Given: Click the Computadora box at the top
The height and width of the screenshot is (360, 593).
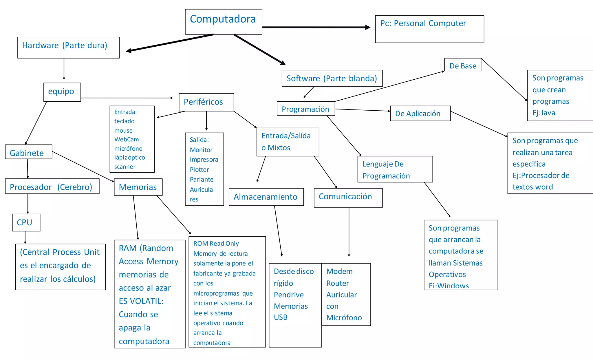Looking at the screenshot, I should point(223,21).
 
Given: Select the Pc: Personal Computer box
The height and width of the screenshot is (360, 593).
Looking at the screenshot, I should point(429,29).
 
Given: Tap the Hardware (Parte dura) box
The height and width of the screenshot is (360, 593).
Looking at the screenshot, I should point(68,47).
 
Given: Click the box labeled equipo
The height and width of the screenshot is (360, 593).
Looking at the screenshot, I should point(62,92).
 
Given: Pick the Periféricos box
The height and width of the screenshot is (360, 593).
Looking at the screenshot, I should point(206,102).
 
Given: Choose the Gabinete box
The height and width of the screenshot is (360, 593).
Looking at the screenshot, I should point(28,152).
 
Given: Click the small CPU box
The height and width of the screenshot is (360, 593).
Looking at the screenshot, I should point(26,222).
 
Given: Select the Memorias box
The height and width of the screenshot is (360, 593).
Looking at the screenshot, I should point(138,187).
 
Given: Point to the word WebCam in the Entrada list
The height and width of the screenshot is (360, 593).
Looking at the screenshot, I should point(127,139).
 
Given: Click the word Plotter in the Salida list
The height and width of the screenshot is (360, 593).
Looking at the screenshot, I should point(199,169).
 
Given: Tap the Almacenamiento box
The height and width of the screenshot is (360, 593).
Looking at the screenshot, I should point(266,197).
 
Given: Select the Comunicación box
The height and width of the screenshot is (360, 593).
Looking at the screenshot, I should point(348,197).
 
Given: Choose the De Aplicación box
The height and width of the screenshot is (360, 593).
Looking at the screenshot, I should point(420,113).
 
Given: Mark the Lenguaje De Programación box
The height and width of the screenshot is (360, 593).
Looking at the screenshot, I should point(395,169).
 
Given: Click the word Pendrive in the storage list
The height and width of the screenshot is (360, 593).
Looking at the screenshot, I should point(289,295).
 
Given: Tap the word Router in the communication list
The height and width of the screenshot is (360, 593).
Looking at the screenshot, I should point(338,283).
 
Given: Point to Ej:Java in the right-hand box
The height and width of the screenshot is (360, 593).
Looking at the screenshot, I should point(543,113).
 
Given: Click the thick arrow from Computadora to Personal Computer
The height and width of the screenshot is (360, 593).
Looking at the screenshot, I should point(316,27).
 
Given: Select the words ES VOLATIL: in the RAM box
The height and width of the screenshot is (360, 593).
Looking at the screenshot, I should point(141,301).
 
